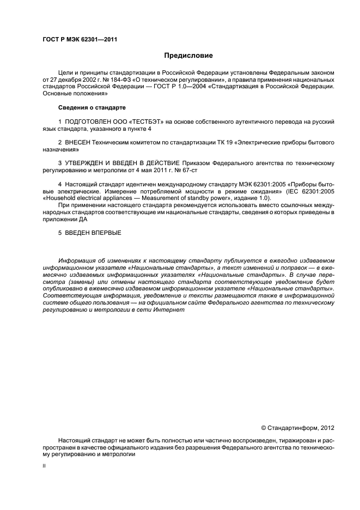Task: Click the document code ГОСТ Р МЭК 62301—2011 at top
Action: click(81, 39)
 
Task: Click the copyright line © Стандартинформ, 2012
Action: click(298, 428)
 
